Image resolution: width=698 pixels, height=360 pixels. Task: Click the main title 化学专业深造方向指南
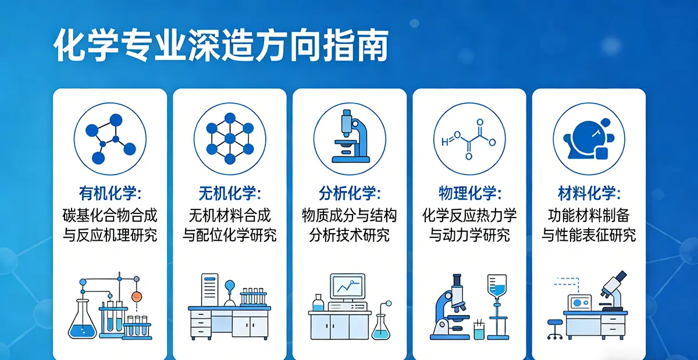(221, 46)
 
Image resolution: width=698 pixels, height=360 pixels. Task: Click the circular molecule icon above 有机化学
(110, 138)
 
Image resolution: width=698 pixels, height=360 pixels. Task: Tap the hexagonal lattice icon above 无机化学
(230, 138)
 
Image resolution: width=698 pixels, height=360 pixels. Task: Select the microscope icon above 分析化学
(349, 138)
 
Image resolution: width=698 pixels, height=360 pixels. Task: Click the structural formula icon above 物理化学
(469, 138)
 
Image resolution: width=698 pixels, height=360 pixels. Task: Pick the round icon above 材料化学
(589, 138)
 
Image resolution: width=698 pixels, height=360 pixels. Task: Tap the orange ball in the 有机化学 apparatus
(137, 296)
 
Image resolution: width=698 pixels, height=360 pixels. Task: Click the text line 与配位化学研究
(230, 235)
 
